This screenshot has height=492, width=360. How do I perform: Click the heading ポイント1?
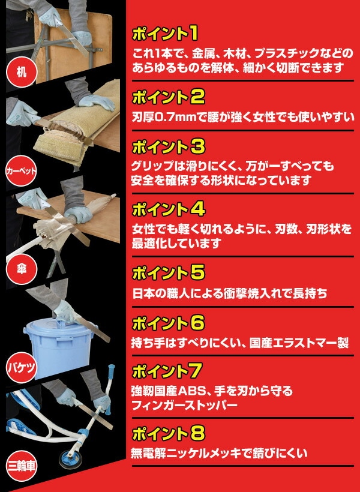(x=165, y=34)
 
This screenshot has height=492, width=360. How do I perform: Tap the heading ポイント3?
(x=168, y=146)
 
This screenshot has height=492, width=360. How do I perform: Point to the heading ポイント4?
(x=168, y=209)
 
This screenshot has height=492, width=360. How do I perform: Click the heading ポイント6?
(x=168, y=323)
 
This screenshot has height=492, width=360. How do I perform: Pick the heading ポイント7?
(x=167, y=371)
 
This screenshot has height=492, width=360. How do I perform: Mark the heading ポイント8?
(x=168, y=433)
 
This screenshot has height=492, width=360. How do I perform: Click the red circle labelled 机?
(x=22, y=72)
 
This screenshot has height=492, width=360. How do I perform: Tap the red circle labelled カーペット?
(x=22, y=170)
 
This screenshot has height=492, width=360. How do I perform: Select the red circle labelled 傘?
(x=22, y=269)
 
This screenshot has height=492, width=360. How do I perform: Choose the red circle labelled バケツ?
(x=22, y=367)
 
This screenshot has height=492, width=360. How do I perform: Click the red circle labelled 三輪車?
(x=22, y=466)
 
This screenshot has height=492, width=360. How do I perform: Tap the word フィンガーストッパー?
(x=185, y=405)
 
